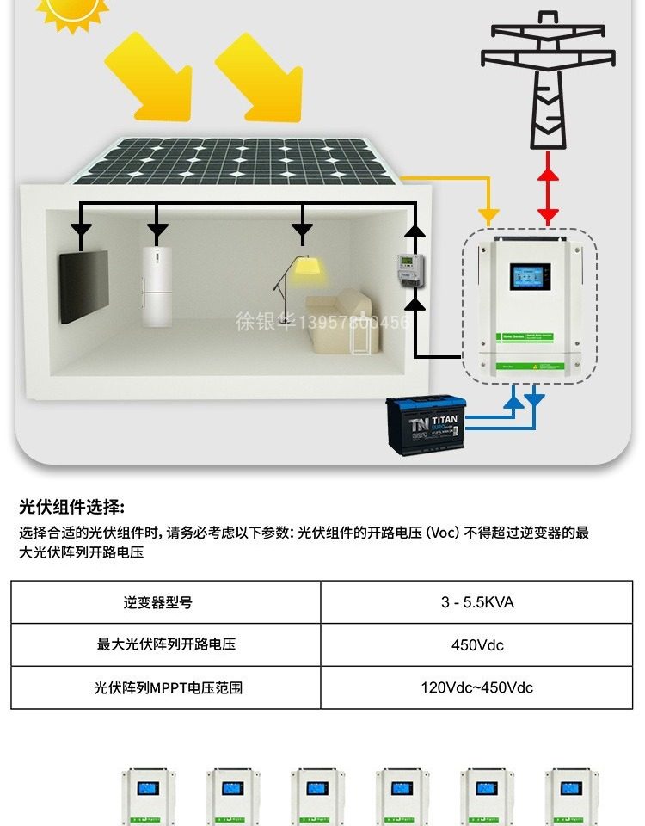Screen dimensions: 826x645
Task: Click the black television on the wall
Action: (x=83, y=285)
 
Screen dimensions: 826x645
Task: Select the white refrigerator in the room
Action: (x=157, y=286)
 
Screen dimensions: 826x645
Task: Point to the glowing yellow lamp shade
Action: (x=304, y=268)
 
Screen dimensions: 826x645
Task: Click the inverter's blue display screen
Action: (x=528, y=276)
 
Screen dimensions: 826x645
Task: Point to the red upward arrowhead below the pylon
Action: (x=548, y=172)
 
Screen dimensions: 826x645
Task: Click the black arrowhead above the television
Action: (x=81, y=230)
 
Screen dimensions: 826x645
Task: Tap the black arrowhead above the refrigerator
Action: (x=157, y=230)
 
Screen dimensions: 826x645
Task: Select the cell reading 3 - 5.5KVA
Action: (x=477, y=602)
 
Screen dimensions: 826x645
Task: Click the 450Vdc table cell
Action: (x=477, y=645)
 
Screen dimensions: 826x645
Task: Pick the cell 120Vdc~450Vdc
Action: (x=477, y=687)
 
